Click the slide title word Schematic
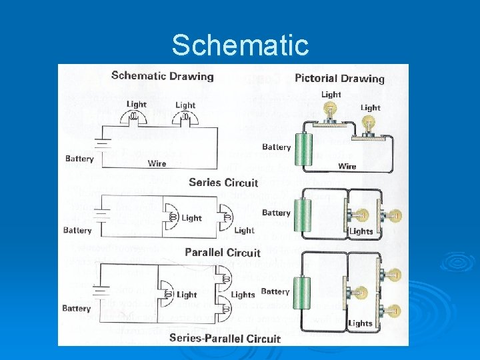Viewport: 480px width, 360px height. (240, 45)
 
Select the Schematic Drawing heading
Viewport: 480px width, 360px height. (163, 76)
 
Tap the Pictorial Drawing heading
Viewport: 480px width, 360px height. (339, 79)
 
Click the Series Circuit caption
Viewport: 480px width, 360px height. (223, 183)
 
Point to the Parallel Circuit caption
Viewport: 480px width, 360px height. (223, 253)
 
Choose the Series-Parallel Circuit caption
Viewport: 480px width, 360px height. (225, 337)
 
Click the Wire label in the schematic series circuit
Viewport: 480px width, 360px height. (157, 163)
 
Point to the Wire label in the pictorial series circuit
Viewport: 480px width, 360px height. (347, 166)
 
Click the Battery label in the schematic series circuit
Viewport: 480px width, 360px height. (79, 159)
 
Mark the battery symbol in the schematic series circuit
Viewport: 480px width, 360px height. (101, 144)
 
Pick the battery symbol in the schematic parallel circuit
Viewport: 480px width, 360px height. (101, 215)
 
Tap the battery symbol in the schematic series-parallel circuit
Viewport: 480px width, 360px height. (101, 293)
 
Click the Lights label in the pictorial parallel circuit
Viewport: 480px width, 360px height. (361, 231)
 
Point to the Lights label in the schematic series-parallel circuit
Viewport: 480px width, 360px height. (243, 294)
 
